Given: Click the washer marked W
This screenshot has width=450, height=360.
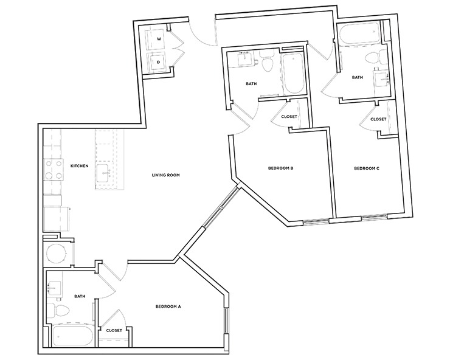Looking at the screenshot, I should pos(159,39).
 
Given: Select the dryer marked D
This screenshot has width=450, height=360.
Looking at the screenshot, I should pos(159,61).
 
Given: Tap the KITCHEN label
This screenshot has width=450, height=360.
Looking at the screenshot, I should pos(80,165).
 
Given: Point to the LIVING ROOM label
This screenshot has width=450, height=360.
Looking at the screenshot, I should pos(166,175).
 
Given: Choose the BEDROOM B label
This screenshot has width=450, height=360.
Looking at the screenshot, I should pos(281,168).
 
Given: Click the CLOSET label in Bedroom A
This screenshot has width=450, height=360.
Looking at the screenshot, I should pos(114,330).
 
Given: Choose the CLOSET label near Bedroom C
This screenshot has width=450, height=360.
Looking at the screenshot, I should pos(378,119).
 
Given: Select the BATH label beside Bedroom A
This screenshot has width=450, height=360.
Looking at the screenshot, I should pos(80,297).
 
